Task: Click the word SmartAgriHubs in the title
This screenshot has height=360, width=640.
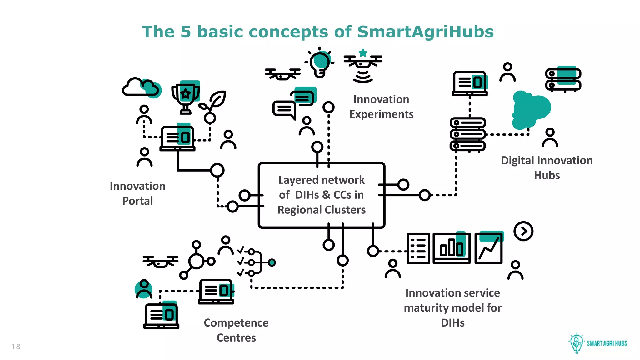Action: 425,32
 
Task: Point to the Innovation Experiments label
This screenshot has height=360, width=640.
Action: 381,107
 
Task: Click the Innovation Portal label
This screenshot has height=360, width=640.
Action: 137,193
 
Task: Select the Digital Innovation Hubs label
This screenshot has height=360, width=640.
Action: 547,167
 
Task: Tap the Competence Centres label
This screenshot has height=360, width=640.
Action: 236,330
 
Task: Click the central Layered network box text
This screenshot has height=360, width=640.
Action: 321,195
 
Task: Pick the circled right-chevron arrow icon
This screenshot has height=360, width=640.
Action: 523,231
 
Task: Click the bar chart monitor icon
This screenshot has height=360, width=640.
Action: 452,248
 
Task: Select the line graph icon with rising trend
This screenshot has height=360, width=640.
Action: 488,249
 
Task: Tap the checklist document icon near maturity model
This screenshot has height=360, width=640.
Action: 418,248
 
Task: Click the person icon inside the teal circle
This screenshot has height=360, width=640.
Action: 144,289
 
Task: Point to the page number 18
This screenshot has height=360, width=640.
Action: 16,347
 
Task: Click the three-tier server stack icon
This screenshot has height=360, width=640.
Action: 467,134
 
